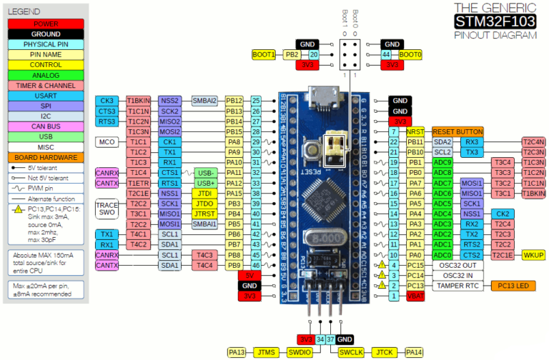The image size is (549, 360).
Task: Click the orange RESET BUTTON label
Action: [457, 132]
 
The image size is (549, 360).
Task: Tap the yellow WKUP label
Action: [533, 255]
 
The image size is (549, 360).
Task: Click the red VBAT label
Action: [416, 296]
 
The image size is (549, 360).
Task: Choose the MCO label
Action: [107, 142]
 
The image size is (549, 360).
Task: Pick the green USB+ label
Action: [205, 184]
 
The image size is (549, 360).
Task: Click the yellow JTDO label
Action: [205, 204]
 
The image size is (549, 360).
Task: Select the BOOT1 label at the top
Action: [264, 54]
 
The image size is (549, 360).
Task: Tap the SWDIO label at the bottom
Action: [300, 352]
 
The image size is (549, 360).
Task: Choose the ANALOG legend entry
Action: [46, 74]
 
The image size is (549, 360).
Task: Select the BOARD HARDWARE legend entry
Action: [46, 156]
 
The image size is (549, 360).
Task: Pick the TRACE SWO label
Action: [107, 209]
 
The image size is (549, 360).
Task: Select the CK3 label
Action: [107, 101]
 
